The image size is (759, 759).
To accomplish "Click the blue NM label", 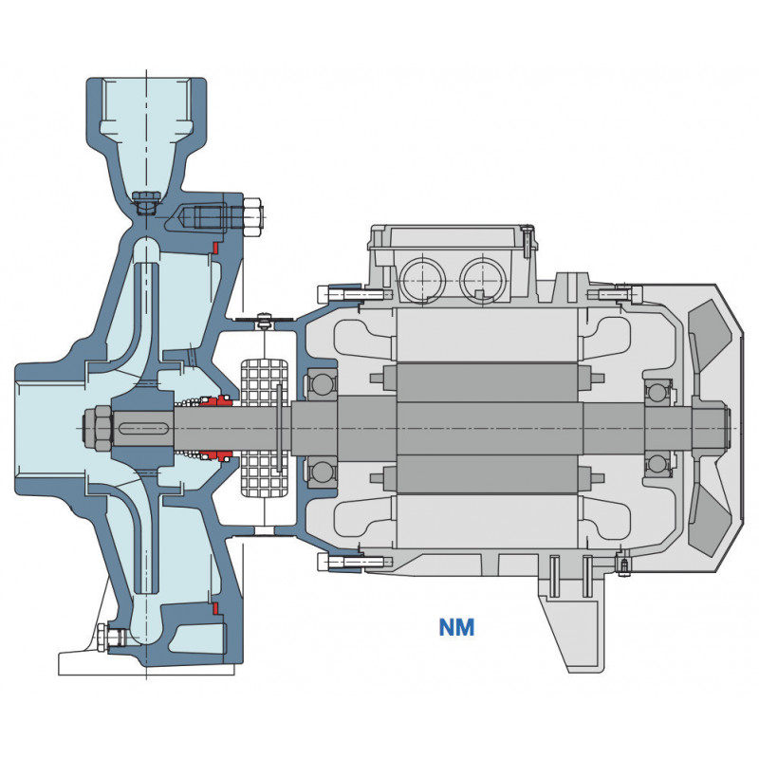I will (x=456, y=627).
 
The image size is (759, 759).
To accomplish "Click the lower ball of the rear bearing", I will (x=657, y=463).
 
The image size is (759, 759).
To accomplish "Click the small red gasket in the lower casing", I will (x=216, y=607).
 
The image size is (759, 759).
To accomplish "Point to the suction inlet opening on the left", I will (x=43, y=426).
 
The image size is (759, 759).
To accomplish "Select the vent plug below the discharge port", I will (x=146, y=202).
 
